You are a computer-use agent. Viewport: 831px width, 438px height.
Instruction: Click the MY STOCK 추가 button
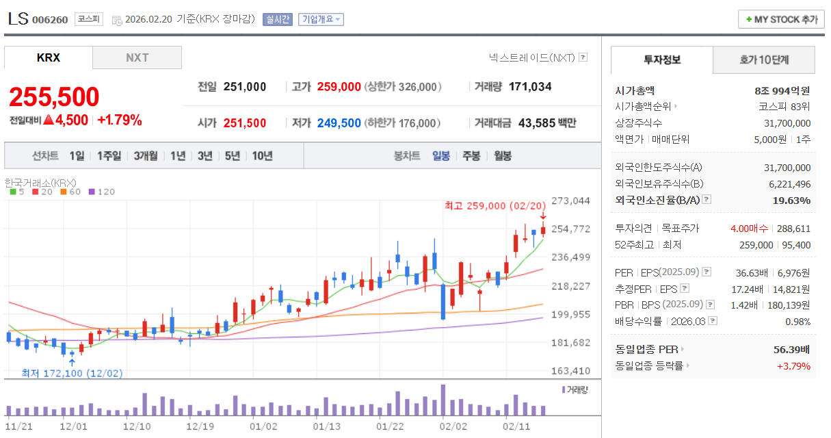point(781,19)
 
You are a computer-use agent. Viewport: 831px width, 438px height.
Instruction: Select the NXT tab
point(137,58)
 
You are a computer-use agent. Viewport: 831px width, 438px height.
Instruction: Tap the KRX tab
point(49,58)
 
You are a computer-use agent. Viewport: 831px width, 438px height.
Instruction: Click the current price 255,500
point(54,97)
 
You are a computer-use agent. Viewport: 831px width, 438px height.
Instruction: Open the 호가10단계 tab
point(764,60)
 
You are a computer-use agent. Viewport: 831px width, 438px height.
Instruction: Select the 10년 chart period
point(262,155)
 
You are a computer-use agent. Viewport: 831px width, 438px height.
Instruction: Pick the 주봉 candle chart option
point(471,155)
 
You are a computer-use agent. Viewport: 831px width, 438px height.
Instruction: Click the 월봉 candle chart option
point(502,155)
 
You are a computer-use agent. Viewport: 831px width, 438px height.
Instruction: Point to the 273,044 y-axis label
point(570,201)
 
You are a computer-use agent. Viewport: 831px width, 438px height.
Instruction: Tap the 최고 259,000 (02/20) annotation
point(495,205)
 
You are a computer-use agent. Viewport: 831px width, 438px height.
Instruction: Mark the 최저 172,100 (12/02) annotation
point(72,373)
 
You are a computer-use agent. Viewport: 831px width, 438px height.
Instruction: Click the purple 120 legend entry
point(102,192)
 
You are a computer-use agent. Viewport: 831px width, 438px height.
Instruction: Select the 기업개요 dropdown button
point(321,19)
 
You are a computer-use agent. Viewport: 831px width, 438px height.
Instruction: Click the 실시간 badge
point(278,19)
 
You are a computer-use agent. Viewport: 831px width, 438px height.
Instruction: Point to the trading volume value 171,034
point(530,87)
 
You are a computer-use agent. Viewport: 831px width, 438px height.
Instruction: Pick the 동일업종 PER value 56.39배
point(791,349)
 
